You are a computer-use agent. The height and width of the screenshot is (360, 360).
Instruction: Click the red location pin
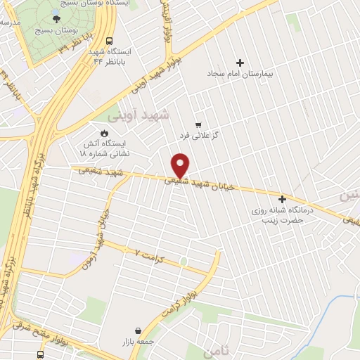[181, 165]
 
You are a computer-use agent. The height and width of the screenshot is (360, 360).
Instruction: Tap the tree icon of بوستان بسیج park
[57, 18]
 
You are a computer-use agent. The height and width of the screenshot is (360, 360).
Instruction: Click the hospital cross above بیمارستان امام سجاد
[243, 63]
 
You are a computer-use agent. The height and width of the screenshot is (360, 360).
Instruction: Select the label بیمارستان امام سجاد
[243, 73]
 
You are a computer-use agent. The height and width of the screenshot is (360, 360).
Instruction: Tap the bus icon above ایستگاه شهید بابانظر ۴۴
[109, 41]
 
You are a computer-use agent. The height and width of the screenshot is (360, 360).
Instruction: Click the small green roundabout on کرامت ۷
[184, 262]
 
